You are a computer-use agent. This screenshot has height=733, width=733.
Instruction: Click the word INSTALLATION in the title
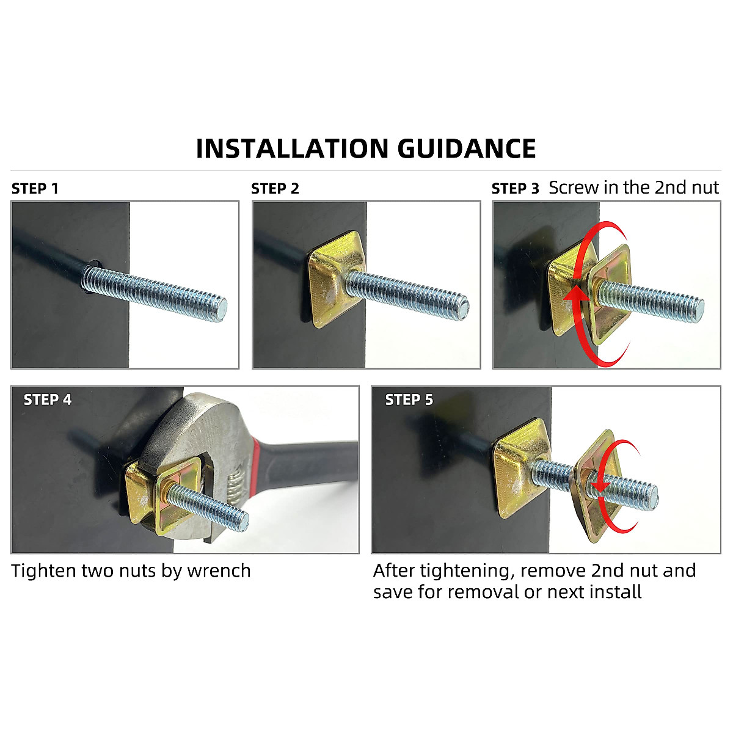(292, 149)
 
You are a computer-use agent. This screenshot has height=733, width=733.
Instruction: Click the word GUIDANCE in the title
(467, 149)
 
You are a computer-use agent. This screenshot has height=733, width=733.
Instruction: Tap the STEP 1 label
(35, 189)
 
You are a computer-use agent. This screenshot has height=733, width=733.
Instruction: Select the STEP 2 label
(275, 189)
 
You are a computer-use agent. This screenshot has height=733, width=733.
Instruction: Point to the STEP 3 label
(516, 189)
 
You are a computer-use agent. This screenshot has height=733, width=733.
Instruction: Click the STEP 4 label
(48, 400)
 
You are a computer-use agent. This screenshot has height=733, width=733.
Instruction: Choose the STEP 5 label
(409, 400)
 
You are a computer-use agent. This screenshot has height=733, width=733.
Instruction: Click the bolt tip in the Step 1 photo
(221, 309)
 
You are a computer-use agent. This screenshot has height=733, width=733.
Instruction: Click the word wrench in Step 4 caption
(219, 571)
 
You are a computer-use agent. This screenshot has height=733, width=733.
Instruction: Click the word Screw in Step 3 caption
(574, 188)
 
